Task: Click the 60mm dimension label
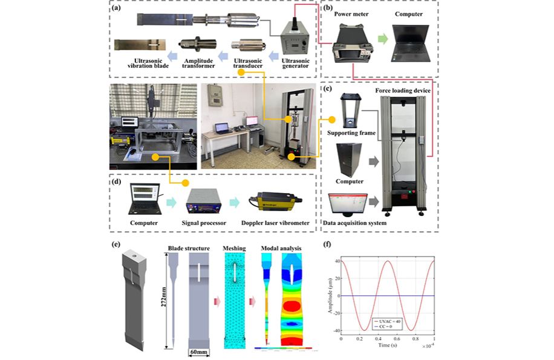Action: pos(200,352)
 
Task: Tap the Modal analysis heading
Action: pos(282,247)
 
